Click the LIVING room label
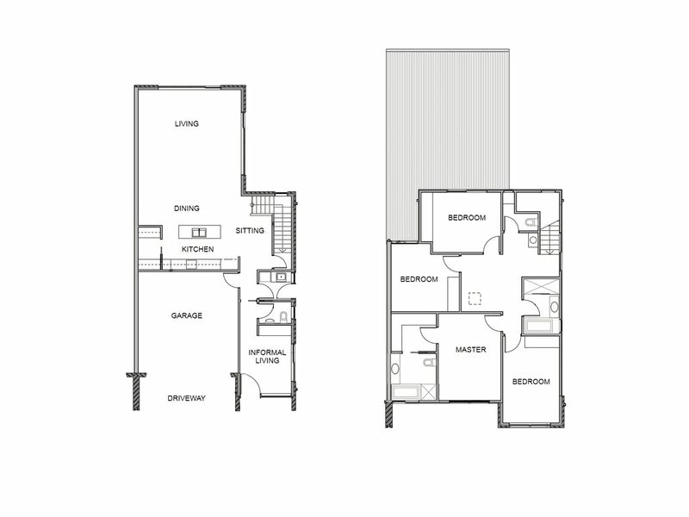(x=187, y=124)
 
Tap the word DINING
(x=187, y=209)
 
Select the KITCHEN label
(x=197, y=249)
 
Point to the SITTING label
(x=251, y=231)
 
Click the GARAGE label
(x=187, y=316)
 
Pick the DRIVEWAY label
(x=187, y=398)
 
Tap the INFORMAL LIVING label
(x=267, y=358)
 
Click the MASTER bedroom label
(x=471, y=350)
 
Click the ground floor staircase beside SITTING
(x=278, y=226)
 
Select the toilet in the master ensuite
(x=395, y=369)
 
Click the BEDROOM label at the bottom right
(x=531, y=382)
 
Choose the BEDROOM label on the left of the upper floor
(x=419, y=280)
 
